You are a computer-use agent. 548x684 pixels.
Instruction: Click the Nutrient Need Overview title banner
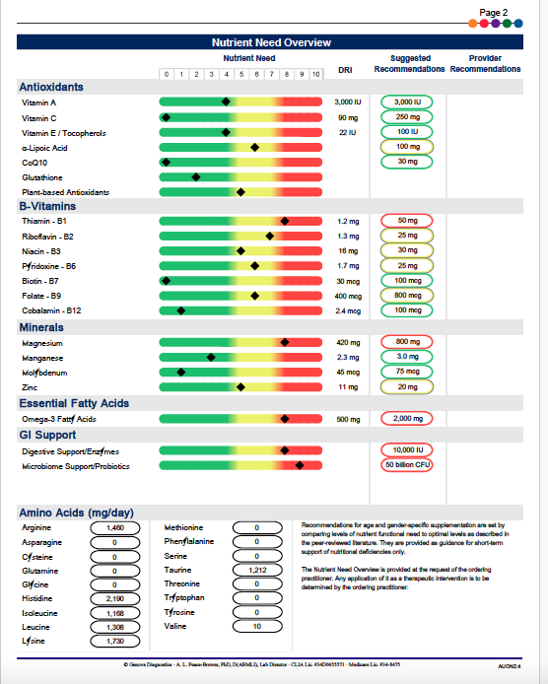pos(271,42)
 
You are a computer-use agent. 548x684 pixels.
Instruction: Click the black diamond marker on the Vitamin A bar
pos(226,102)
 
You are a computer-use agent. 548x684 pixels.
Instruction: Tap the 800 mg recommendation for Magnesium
pos(407,342)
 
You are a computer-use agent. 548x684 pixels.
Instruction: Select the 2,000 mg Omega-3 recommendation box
pos(407,419)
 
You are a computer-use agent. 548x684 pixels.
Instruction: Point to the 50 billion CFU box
pos(407,465)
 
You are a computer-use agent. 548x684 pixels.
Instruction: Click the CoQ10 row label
pos(34,162)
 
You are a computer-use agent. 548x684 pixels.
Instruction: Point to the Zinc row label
pos(32,387)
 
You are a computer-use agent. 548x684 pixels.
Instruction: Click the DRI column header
pos(345,69)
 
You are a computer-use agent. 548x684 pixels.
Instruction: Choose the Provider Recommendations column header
pos(485,64)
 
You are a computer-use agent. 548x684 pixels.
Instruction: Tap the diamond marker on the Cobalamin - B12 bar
pos(180,310)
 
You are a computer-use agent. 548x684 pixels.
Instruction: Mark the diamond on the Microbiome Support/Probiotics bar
pos(300,465)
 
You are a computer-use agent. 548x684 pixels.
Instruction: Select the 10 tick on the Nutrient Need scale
pos(315,74)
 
